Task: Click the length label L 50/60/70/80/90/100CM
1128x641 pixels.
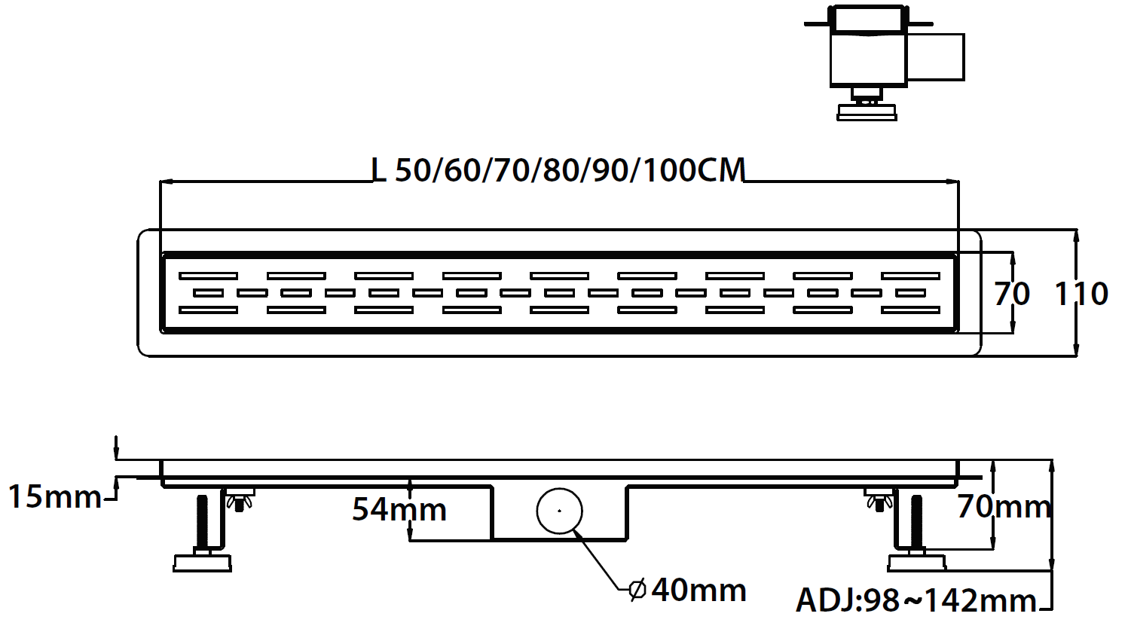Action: click(558, 170)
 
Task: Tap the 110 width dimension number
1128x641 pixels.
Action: click(1081, 293)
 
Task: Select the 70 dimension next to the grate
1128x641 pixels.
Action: click(1011, 293)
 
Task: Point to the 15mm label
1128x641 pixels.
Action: click(54, 497)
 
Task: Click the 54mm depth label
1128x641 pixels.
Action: click(399, 509)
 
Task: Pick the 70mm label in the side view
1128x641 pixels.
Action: click(1004, 507)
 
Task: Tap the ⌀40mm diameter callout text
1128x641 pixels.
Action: click(688, 590)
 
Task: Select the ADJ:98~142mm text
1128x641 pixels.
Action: click(916, 600)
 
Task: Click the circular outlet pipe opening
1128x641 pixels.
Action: click(559, 511)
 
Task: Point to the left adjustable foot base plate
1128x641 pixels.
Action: click(202, 563)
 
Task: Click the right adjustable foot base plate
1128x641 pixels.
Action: click(917, 563)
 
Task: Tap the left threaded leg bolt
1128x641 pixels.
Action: click(203, 523)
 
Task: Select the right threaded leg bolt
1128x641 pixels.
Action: click(916, 523)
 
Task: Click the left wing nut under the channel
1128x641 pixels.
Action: click(239, 499)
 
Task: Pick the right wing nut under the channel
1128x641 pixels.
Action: click(879, 499)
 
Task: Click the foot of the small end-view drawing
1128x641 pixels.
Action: click(867, 112)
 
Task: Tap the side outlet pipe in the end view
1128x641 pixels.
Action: click(935, 56)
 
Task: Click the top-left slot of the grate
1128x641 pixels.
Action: click(208, 276)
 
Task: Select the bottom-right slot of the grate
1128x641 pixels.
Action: click(910, 310)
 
